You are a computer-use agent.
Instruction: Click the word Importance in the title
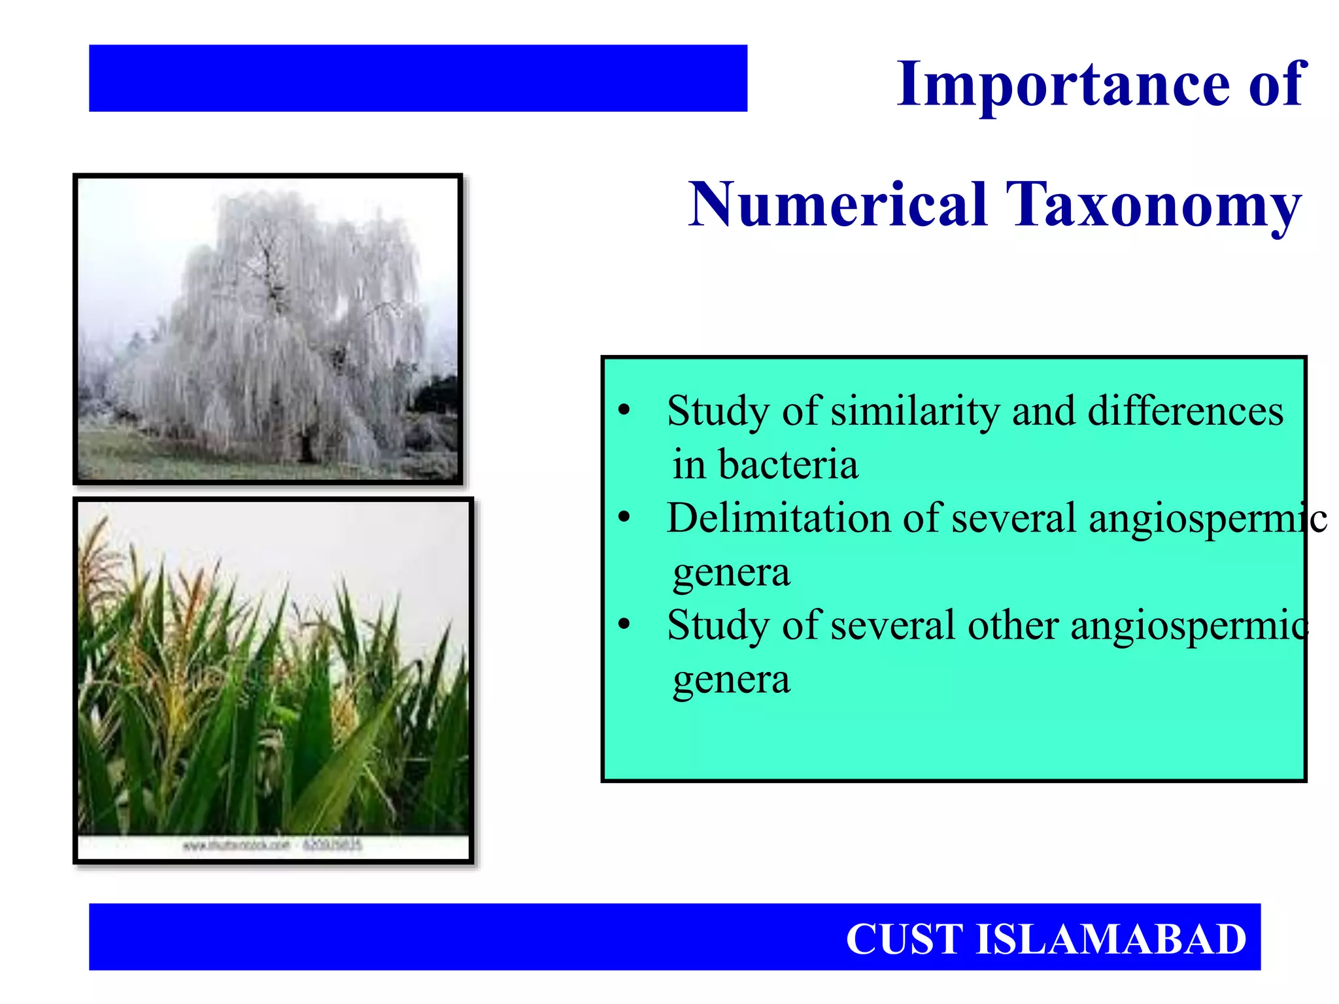point(1063,85)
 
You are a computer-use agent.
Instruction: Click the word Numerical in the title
point(838,205)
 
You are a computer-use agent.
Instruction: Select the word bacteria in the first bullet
point(788,465)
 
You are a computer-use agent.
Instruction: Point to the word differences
point(1185,412)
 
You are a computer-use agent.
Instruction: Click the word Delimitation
point(778,518)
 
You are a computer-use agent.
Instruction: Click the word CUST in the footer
point(904,939)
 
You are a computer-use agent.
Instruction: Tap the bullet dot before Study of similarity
point(624,410)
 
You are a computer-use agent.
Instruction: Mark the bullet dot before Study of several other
point(624,625)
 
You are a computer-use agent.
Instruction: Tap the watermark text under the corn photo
point(272,845)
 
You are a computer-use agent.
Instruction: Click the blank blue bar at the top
point(418,78)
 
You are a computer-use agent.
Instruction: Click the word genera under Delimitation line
point(731,573)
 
